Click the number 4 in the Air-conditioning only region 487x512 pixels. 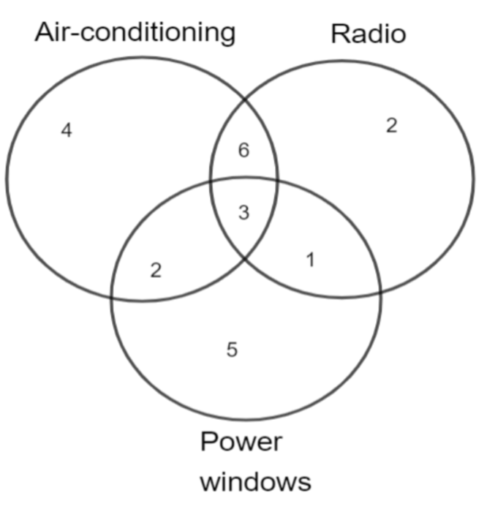coord(67,131)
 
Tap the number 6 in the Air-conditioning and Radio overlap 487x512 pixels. coord(243,151)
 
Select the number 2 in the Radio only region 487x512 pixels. coord(392,126)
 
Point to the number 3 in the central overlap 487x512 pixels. coord(243,213)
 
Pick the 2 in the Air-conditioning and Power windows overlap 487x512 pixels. coord(156,271)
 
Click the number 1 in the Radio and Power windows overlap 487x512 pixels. coord(311,260)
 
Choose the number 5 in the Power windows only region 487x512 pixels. coord(232,350)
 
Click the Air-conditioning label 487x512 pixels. coord(135,33)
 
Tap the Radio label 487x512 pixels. coord(369,34)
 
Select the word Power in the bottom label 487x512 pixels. coord(241,442)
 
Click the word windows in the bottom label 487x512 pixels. coord(256,481)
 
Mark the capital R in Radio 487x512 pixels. coord(339,34)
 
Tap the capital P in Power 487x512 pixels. coord(208,442)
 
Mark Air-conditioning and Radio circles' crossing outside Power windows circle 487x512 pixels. coord(245,99)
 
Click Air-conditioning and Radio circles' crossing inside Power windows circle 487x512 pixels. coord(245,259)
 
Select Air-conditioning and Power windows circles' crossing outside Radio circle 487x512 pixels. coord(112,298)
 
